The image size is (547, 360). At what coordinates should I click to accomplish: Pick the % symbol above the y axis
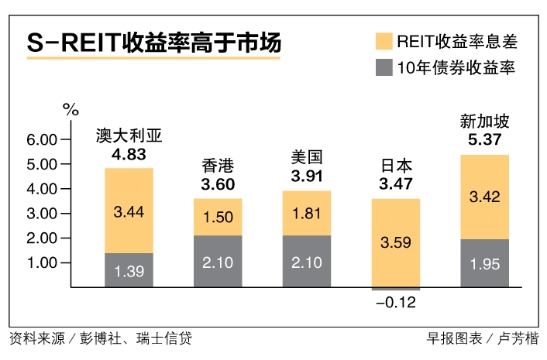pyautogui.click(x=71, y=109)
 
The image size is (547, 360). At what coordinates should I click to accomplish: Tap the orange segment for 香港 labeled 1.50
pyautogui.click(x=218, y=217)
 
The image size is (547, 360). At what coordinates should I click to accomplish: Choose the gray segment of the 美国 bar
pyautogui.click(x=306, y=262)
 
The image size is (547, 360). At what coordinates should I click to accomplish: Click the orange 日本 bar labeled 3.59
pyautogui.click(x=395, y=243)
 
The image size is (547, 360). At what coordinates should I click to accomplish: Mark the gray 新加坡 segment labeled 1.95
pyautogui.click(x=483, y=263)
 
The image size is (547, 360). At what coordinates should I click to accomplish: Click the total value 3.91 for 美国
pyautogui.click(x=306, y=177)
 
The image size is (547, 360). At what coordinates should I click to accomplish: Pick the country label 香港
pyautogui.click(x=218, y=165)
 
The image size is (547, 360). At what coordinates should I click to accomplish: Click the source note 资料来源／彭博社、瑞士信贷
pyautogui.click(x=101, y=338)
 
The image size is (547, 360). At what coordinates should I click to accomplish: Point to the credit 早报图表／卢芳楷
pyautogui.click(x=482, y=338)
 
